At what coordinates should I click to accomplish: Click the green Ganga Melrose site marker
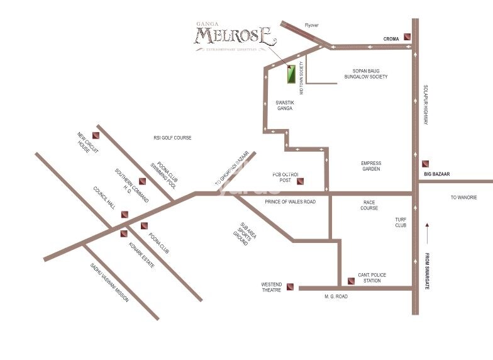point(291,75)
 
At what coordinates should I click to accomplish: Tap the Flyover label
point(312,26)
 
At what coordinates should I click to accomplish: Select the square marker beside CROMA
point(408,37)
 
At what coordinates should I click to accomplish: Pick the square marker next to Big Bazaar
point(426,163)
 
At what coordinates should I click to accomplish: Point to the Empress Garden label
point(371,166)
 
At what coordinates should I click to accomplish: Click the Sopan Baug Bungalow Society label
point(365,74)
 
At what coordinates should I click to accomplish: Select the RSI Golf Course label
point(172,137)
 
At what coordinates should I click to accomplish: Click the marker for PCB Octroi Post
point(300,182)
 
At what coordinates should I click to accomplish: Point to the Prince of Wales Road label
point(290,201)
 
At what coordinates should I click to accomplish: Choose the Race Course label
point(370,205)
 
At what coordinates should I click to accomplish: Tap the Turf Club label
point(401,222)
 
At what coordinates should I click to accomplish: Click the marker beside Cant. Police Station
point(351,281)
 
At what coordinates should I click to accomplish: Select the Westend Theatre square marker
point(290,287)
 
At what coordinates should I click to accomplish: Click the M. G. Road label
point(335,296)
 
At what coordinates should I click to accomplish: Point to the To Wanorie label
point(463,198)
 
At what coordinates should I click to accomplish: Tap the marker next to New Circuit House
point(96,134)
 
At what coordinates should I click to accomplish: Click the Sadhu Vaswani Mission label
point(109,283)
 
